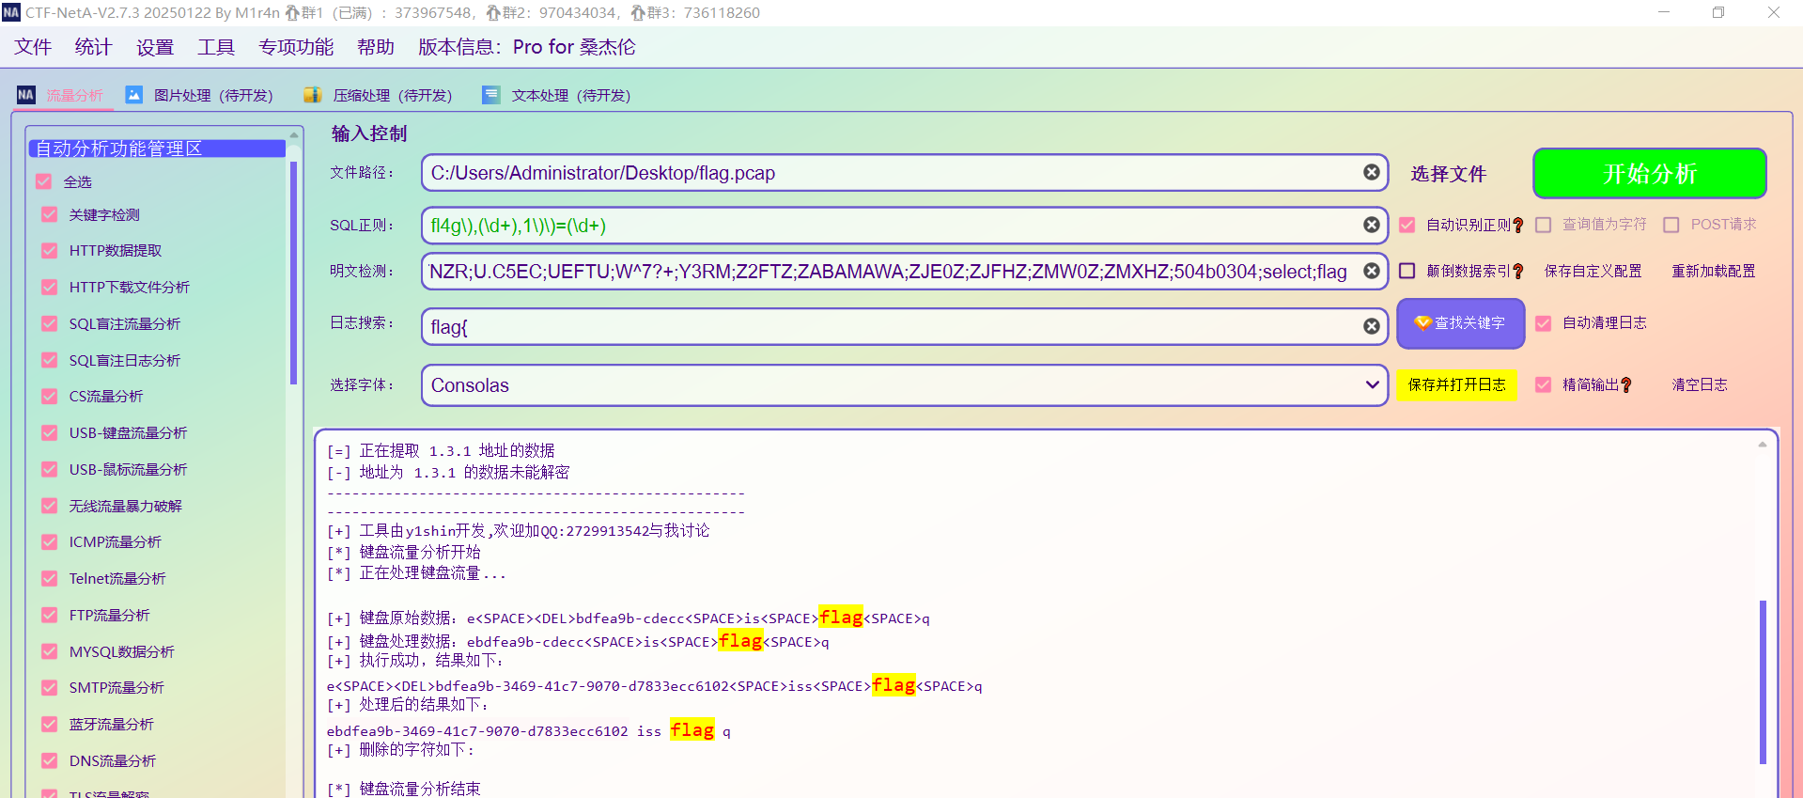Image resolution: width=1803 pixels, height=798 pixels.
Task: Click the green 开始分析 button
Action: point(1649,174)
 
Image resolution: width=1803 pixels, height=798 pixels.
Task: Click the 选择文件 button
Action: point(1448,174)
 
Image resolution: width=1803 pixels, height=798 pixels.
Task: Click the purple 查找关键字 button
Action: point(1460,323)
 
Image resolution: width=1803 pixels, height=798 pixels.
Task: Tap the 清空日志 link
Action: point(1699,384)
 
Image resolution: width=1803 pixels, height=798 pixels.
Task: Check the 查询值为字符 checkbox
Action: point(1544,225)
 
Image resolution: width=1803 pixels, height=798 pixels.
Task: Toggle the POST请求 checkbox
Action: point(1671,225)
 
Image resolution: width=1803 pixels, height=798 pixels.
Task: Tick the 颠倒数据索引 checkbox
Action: point(1407,271)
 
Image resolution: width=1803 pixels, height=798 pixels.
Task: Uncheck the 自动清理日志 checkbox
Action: point(1544,323)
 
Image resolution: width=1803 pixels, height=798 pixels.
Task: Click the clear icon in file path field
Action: point(1372,172)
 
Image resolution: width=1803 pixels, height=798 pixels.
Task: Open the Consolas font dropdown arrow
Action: point(1372,384)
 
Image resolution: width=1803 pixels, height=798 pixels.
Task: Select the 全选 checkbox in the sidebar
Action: point(43,181)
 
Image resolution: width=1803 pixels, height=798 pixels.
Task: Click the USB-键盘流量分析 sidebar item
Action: point(128,432)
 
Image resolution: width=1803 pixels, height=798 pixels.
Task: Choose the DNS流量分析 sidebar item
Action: point(112,760)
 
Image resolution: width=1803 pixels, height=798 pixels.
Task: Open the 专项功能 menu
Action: point(296,47)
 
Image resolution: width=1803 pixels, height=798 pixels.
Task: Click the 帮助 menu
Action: point(376,47)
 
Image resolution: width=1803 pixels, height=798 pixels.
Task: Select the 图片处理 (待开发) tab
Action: point(212,95)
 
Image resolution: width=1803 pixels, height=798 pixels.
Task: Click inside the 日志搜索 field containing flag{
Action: point(883,326)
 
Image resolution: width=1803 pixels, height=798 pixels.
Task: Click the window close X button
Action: point(1773,13)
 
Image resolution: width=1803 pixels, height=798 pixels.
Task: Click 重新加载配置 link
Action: point(1713,271)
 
